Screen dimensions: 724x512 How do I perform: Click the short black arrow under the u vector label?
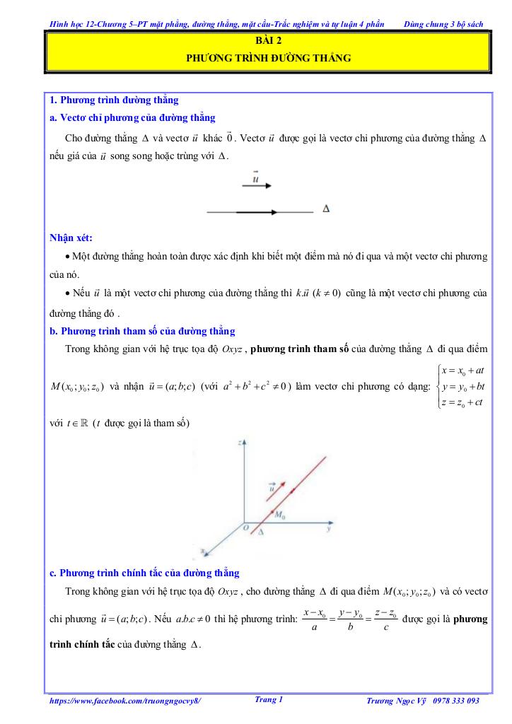[x=257, y=186]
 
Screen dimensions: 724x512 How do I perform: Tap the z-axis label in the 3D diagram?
[x=240, y=442]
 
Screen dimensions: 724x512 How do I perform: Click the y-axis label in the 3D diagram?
[x=330, y=528]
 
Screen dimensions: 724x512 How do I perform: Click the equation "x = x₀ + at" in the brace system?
[x=462, y=370]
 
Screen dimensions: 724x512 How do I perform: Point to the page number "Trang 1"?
[x=268, y=700]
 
